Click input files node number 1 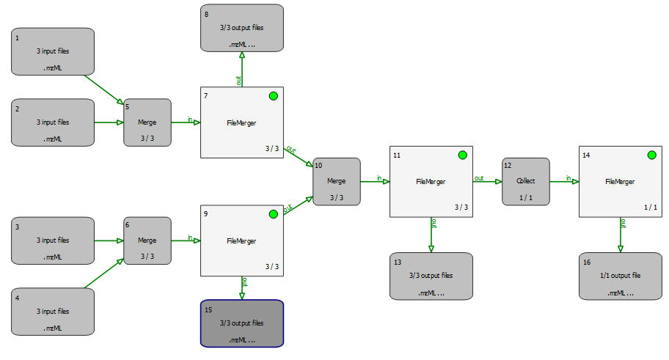(x=53, y=51)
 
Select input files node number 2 (x=53, y=122)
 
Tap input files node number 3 (x=53, y=240)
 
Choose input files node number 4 (x=53, y=311)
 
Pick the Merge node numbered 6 (x=147, y=240)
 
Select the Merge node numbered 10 (x=337, y=181)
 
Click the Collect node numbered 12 (x=525, y=181)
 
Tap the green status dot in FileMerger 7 (x=273, y=96)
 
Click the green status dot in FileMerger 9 (x=273, y=214)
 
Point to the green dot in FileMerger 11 (x=462, y=155)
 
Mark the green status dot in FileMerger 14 (x=651, y=155)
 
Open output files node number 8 (x=241, y=28)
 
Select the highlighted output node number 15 (x=241, y=323)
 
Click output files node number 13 (x=431, y=276)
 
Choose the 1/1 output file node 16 (x=620, y=276)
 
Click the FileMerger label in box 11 (x=431, y=181)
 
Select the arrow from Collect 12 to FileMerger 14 (x=563, y=181)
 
